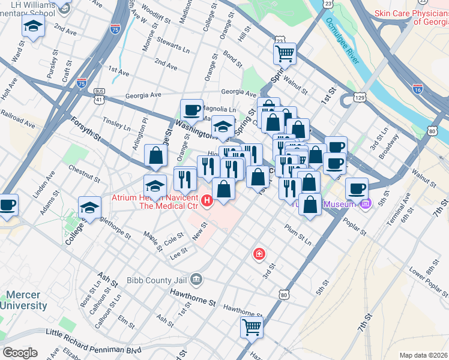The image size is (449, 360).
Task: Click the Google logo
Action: click(20, 353)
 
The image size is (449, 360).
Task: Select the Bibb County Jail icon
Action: click(196, 279)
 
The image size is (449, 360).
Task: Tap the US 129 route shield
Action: click(359, 97)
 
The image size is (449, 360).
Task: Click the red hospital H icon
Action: click(207, 200)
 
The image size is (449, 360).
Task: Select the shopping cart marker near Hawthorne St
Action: click(252, 328)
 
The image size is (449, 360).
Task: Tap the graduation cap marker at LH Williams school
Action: click(34, 26)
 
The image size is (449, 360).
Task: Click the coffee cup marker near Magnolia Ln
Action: click(192, 110)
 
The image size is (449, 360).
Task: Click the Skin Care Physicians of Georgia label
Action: click(411, 18)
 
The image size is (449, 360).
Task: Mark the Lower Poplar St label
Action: click(427, 282)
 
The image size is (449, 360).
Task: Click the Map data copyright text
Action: click(424, 355)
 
